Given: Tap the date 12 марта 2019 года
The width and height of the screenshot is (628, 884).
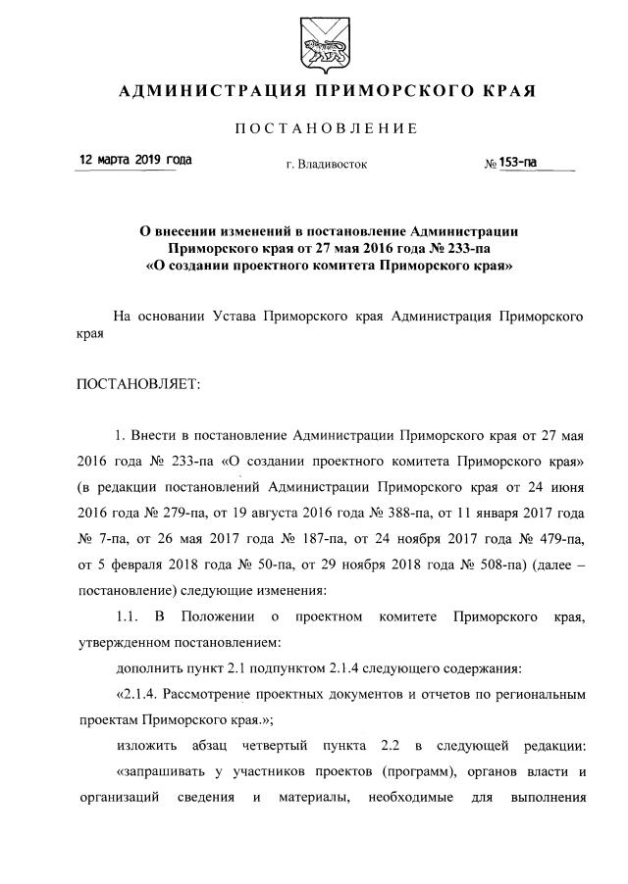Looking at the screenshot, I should [135, 160].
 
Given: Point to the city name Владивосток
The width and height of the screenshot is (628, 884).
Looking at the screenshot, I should [333, 165].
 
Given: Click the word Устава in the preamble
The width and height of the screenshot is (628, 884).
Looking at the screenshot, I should [237, 318].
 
